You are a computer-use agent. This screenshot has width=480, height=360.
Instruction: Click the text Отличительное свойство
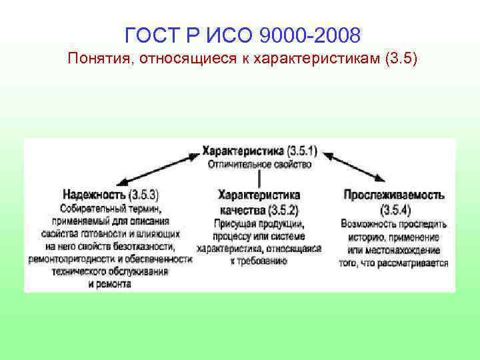pos(259,163)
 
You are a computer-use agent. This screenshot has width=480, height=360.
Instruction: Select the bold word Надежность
pos(94,195)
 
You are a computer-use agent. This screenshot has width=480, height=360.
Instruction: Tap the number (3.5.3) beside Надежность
pos(145,195)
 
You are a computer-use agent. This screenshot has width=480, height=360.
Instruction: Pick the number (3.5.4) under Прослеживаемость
pos(394,209)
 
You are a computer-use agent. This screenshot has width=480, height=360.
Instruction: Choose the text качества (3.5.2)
pos(259,209)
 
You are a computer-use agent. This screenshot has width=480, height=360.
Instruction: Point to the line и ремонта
pos(109,285)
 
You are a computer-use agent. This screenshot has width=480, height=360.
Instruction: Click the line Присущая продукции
pos(259,223)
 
